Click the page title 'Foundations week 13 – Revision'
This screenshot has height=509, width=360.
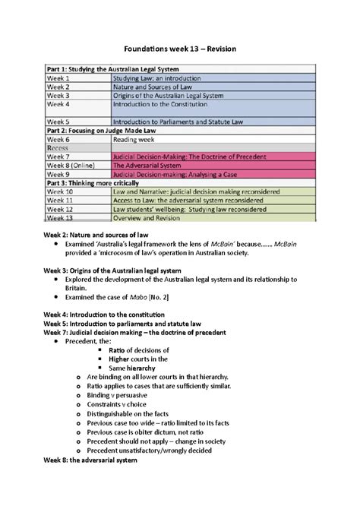click(x=180, y=49)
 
